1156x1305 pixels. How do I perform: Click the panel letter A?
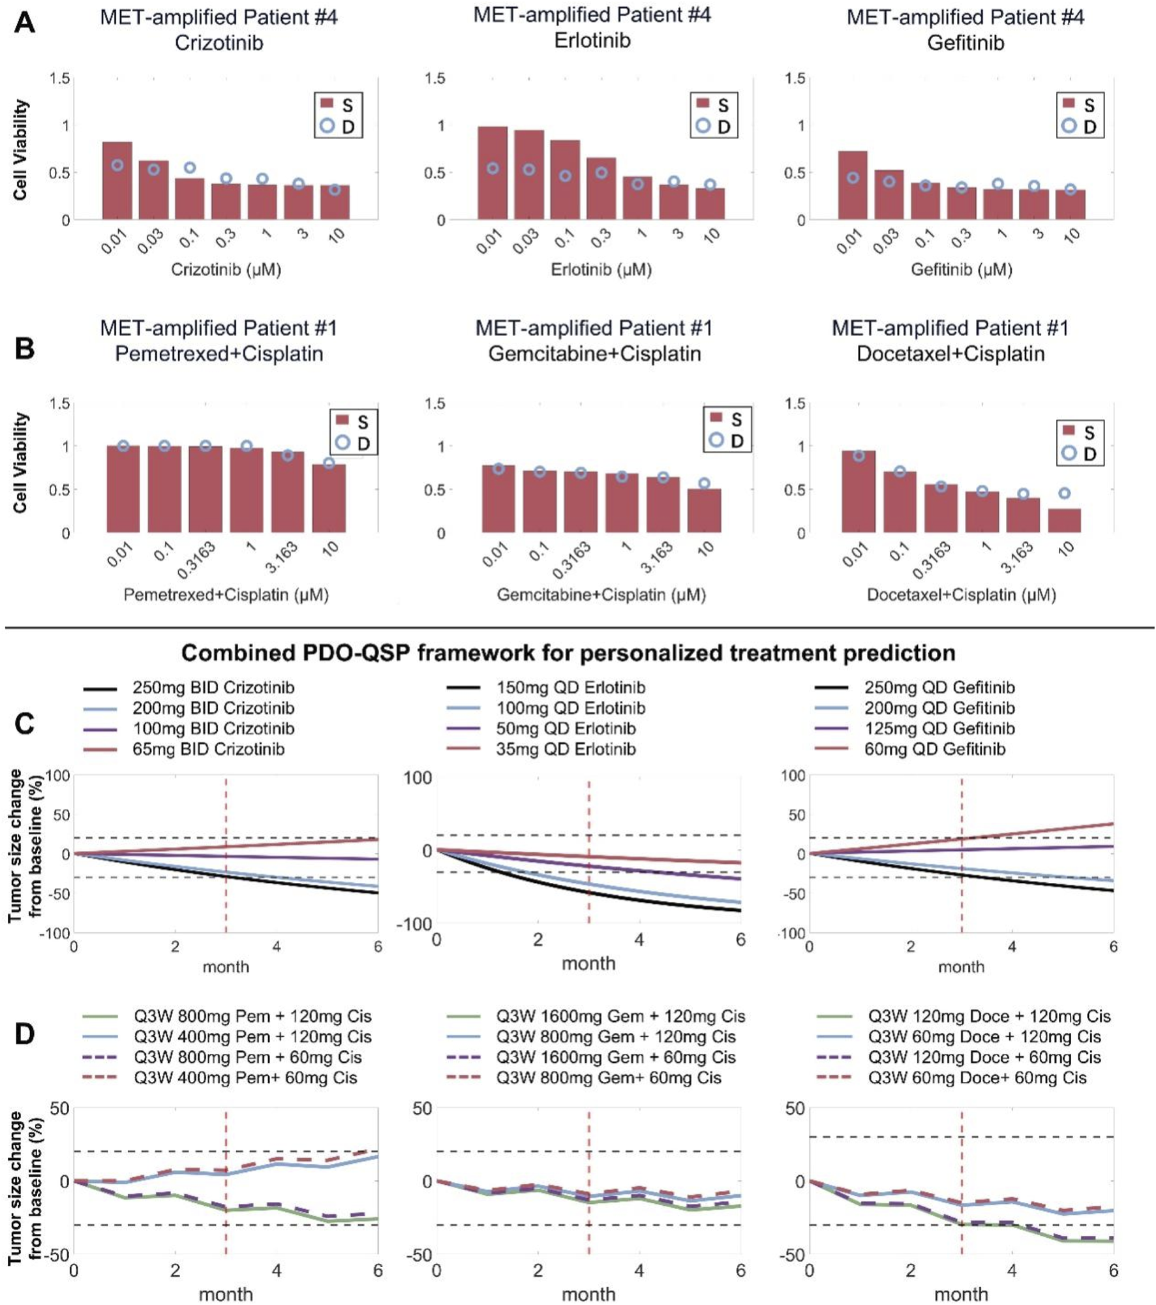(x=25, y=23)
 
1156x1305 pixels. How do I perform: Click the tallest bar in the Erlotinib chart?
(x=493, y=173)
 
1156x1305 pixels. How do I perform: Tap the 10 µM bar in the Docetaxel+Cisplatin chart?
(x=1064, y=520)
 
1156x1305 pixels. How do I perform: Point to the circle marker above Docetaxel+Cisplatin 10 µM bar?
(x=1064, y=493)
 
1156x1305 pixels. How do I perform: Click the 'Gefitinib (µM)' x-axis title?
(x=961, y=269)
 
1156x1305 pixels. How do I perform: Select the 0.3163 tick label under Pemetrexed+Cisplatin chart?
(x=196, y=560)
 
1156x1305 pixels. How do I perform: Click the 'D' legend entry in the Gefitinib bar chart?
(x=1080, y=126)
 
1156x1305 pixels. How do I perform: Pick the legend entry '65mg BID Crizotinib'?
(x=208, y=749)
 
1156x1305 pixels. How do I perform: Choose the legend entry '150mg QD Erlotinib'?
(x=570, y=688)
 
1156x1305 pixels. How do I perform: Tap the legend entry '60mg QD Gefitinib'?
(x=934, y=749)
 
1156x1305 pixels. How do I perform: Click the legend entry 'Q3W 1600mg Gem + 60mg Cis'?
(x=615, y=1057)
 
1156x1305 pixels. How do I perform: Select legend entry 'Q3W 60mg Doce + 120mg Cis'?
(x=984, y=1037)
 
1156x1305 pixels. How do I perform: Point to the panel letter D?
(x=25, y=1034)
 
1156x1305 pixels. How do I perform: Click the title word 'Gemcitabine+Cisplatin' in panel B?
(x=594, y=354)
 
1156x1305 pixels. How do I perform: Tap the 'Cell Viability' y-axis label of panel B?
(x=21, y=462)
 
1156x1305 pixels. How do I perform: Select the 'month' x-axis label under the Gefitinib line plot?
(x=961, y=967)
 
